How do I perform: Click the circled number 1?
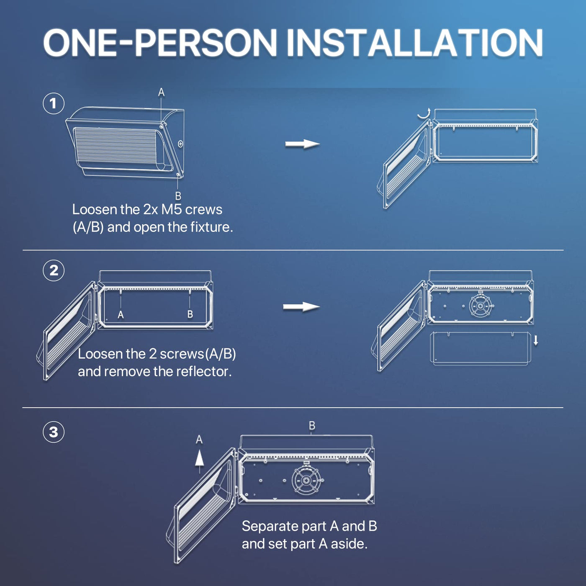tap(54, 103)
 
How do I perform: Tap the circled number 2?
tap(54, 270)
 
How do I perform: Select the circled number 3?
tap(54, 432)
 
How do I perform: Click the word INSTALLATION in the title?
tap(415, 43)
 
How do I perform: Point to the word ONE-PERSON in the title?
tap(160, 43)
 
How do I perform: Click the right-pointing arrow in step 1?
tap(302, 144)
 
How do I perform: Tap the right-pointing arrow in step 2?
tap(301, 307)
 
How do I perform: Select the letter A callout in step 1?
tap(161, 92)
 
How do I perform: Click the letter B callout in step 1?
tap(178, 196)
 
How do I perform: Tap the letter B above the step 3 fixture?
tap(312, 426)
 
